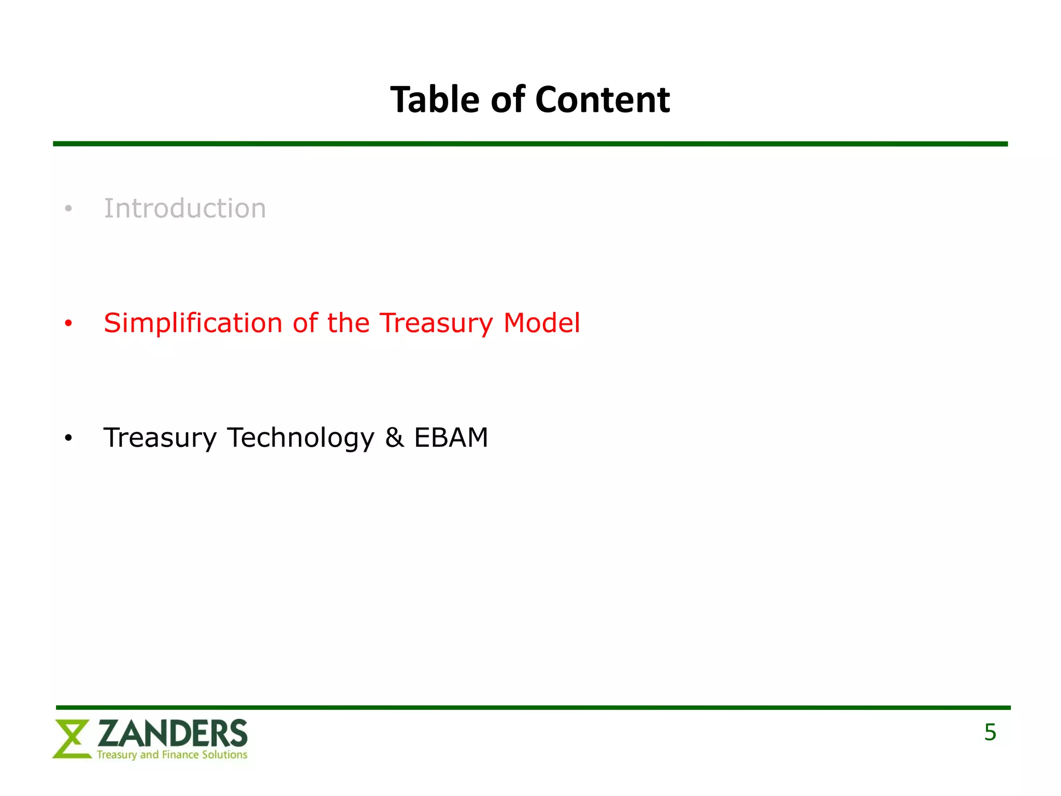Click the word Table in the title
pyautogui.click(x=435, y=99)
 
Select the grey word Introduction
pyautogui.click(x=185, y=208)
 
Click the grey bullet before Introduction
pyautogui.click(x=68, y=209)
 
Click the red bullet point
pyautogui.click(x=68, y=324)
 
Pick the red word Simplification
pyautogui.click(x=193, y=323)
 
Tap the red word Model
pyautogui.click(x=541, y=323)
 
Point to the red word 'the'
pyautogui.click(x=348, y=323)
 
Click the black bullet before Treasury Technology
pyautogui.click(x=68, y=438)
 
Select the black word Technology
pyautogui.click(x=300, y=438)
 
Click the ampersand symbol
pyautogui.click(x=394, y=437)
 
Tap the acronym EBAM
pyautogui.click(x=451, y=437)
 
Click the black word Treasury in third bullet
pyautogui.click(x=160, y=438)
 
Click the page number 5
pyautogui.click(x=990, y=732)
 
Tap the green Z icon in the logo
pyautogui.click(x=71, y=739)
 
